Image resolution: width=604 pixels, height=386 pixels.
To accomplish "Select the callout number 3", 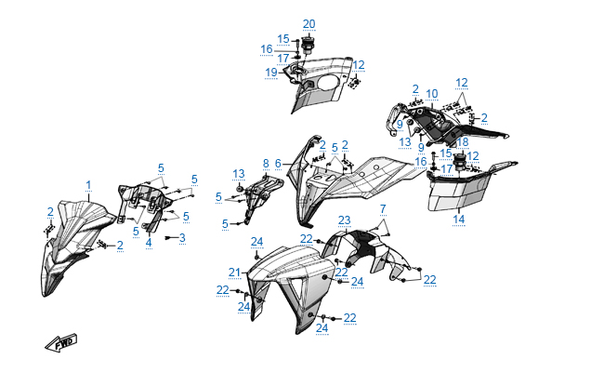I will (x=182, y=238).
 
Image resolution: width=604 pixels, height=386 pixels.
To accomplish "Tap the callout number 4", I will (x=149, y=243).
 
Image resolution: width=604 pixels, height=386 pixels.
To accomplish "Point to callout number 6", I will (x=278, y=163).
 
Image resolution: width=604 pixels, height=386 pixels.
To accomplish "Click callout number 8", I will (x=265, y=163).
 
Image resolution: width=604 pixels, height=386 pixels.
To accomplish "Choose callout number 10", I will (x=432, y=94).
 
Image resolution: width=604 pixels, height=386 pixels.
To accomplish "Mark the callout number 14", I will (x=458, y=220).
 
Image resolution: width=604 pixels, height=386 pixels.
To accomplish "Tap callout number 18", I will (x=462, y=141).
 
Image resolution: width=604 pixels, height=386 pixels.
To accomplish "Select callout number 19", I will (x=271, y=72).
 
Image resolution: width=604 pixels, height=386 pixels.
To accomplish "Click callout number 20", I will (x=309, y=24).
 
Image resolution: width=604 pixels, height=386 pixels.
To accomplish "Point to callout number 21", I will (x=235, y=273).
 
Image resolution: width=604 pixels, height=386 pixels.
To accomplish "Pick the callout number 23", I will (x=344, y=220).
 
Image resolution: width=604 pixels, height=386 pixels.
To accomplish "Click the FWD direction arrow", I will (x=62, y=343).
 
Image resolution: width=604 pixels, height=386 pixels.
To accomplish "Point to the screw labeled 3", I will (x=169, y=238).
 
